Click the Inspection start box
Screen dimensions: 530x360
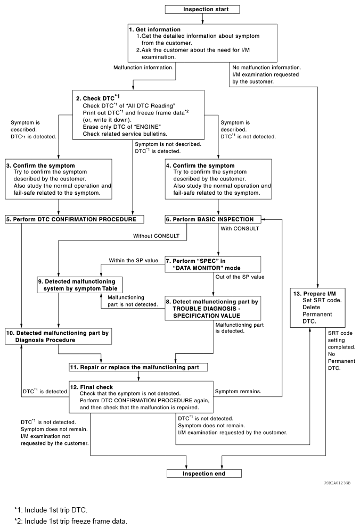tap(203, 9)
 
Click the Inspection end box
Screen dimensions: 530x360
tap(204, 473)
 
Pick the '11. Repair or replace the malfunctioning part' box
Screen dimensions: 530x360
tap(138, 367)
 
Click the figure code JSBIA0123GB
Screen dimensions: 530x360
tap(336, 484)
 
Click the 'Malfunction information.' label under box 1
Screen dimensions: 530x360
tap(144, 68)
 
